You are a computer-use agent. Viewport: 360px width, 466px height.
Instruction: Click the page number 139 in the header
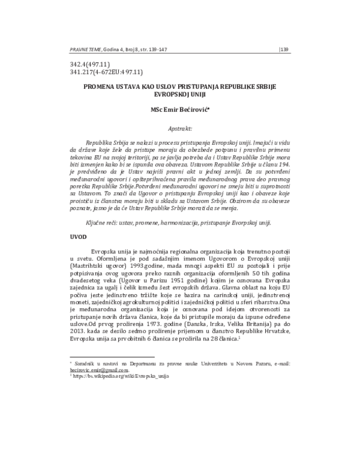coord(284,50)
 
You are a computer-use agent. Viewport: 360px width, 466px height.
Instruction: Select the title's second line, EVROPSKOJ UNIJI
coord(179,95)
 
